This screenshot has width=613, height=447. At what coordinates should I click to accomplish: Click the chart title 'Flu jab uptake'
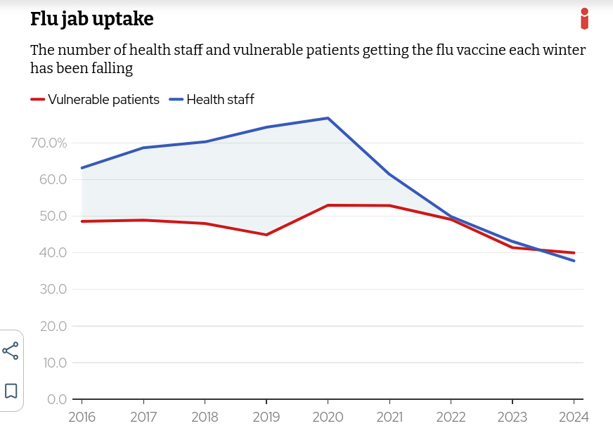point(91,20)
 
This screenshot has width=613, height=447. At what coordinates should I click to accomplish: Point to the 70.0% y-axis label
point(49,143)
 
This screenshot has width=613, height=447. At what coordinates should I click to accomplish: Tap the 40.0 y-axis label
point(53,252)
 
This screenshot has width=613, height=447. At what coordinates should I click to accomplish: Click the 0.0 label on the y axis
point(57,399)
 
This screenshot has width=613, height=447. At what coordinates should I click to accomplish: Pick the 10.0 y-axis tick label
point(54,363)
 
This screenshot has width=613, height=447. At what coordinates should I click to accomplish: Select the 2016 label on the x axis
point(82,417)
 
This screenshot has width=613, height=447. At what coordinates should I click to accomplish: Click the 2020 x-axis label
point(328,417)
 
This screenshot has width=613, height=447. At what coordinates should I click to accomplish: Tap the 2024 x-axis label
point(574,417)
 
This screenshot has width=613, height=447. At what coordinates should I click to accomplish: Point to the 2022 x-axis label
point(451,417)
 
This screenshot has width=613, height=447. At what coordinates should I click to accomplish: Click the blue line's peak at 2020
point(328,118)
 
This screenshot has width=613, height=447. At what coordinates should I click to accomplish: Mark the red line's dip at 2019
point(266,235)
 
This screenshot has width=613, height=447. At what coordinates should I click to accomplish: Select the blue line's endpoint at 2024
point(574,261)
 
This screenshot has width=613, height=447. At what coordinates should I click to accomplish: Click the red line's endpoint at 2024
point(574,253)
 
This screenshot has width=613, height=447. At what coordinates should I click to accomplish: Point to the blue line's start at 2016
point(82,168)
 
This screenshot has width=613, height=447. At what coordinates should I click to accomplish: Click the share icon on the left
point(11,351)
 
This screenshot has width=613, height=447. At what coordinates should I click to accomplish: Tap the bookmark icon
point(11,391)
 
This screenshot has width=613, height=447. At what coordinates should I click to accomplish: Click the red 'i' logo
point(584,19)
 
